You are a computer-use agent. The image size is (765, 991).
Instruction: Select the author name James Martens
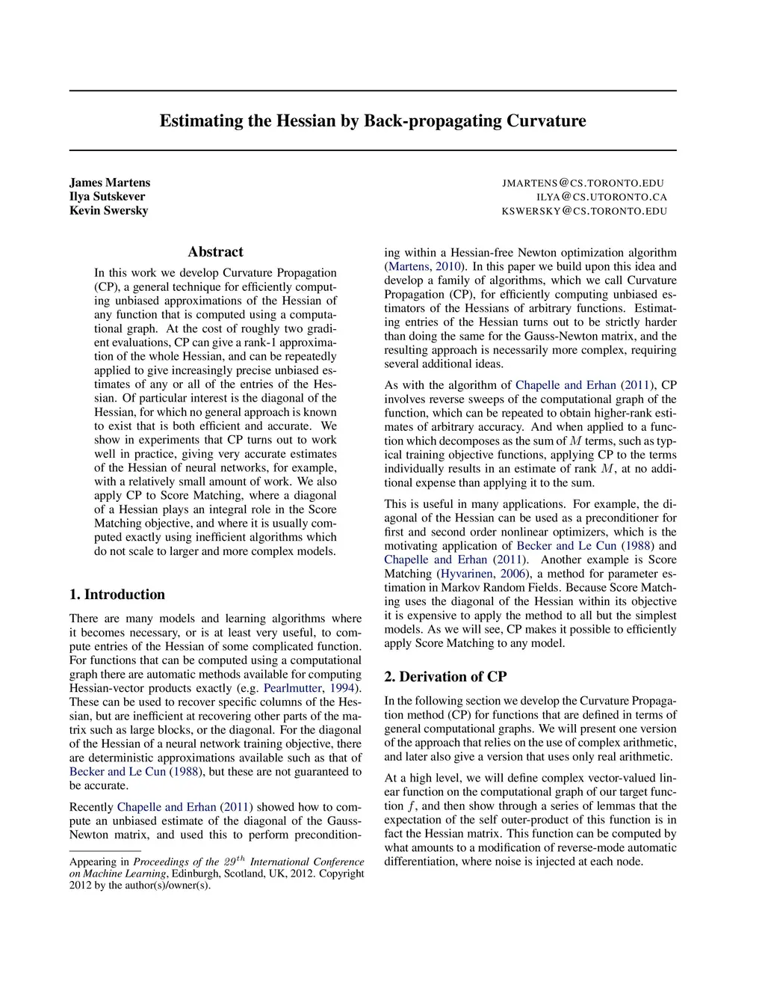tap(110, 182)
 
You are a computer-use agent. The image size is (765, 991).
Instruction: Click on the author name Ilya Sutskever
tap(108, 197)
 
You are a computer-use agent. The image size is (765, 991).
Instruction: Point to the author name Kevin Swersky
tap(109, 211)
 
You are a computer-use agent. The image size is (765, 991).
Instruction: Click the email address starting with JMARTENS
tap(583, 183)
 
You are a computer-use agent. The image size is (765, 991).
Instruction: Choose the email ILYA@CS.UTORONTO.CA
tap(601, 197)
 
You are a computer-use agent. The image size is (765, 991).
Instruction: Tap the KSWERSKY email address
tap(584, 212)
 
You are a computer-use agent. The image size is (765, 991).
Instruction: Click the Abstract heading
tap(215, 252)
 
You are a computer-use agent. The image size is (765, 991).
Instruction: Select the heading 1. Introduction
tap(117, 595)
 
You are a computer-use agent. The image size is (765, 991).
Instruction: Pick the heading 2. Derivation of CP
tap(445, 677)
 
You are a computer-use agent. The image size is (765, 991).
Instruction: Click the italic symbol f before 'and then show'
tap(411, 806)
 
